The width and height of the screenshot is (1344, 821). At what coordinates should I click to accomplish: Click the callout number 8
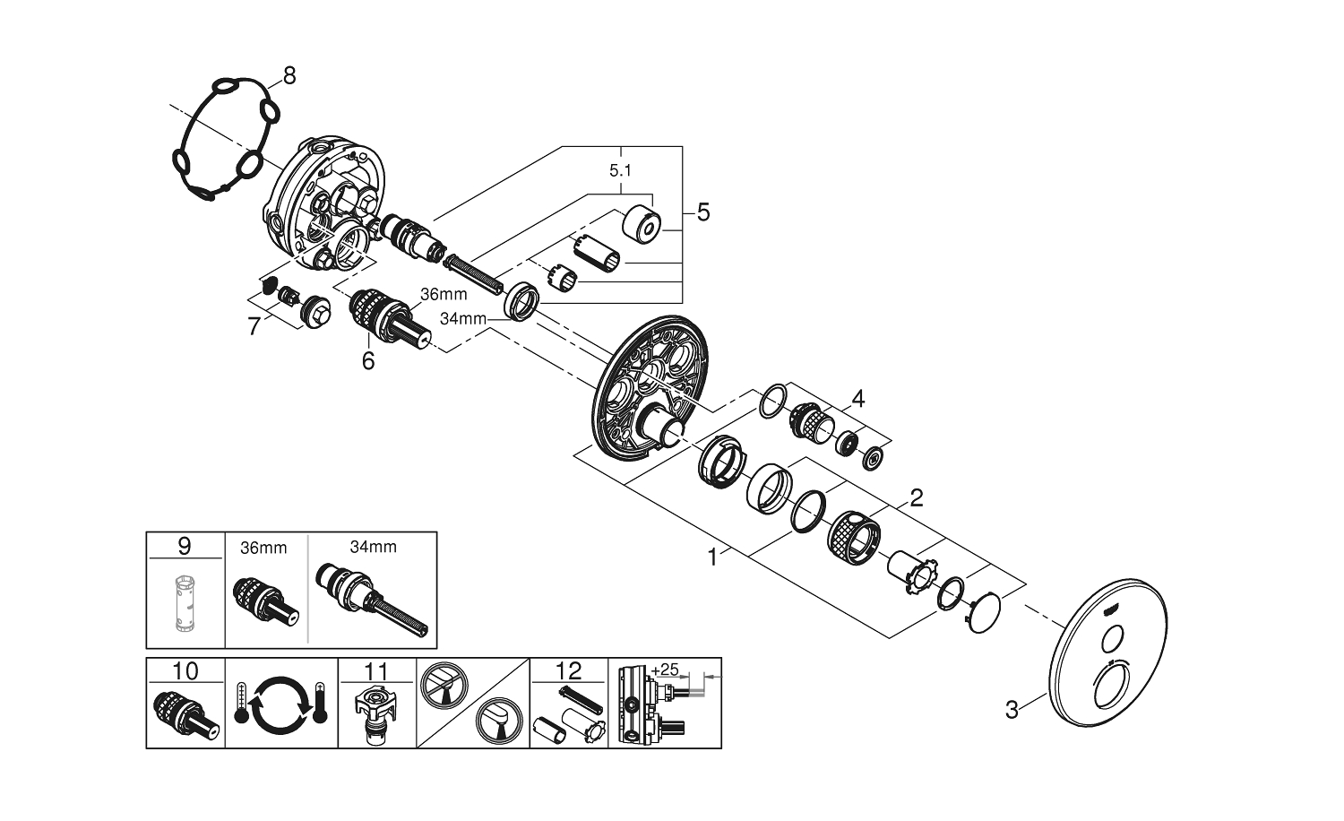click(289, 75)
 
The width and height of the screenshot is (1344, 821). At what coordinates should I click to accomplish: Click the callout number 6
click(367, 361)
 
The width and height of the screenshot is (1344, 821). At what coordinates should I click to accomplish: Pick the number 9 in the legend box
click(185, 545)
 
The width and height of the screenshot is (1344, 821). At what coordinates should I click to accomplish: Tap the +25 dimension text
click(666, 670)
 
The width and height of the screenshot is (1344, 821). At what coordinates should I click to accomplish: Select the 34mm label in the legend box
click(374, 547)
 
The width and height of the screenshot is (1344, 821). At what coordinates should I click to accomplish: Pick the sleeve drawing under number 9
click(185, 600)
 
